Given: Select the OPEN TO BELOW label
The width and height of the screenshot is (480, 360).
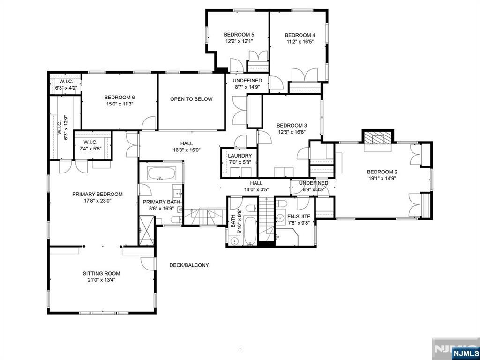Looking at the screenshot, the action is [x=191, y=99].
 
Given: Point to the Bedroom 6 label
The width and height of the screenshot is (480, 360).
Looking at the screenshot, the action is [x=120, y=97].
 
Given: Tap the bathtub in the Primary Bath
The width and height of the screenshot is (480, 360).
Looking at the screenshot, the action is [x=161, y=173].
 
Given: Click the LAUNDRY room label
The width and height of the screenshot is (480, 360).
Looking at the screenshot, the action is [x=240, y=156].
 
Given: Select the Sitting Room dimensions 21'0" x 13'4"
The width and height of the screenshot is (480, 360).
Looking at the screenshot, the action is [x=101, y=280].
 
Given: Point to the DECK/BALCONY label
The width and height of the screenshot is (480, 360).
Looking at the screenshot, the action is [x=189, y=265].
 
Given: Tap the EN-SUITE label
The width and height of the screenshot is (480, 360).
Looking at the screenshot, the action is [x=299, y=217].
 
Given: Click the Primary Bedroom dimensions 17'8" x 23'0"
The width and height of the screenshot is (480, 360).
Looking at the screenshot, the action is [x=97, y=201].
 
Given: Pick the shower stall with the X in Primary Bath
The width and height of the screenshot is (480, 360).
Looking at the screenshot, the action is [x=146, y=231].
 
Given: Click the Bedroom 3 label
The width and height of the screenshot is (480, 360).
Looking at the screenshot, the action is [x=292, y=125].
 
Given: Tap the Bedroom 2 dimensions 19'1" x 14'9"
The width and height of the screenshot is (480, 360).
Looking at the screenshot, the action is [x=382, y=178].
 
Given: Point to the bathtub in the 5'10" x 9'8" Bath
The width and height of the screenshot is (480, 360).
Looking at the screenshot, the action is [x=250, y=231].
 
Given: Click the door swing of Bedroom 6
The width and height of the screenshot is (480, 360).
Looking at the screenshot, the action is [x=149, y=124].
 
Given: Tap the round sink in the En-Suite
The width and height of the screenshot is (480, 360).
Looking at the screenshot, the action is [x=280, y=218].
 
